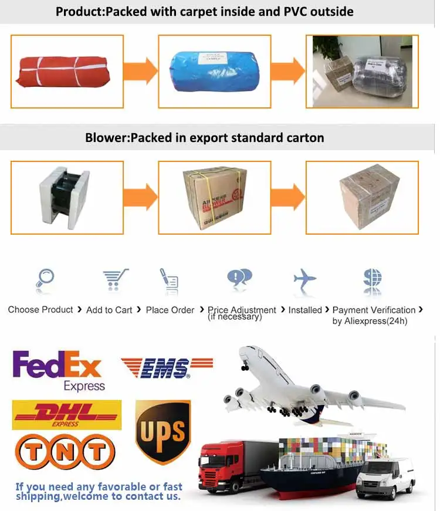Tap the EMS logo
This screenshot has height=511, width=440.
[x=167, y=368]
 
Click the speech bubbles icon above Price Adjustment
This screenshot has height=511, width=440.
[x=239, y=278]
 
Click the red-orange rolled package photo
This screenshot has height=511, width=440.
[x=67, y=71]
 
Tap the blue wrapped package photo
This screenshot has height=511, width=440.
[x=214, y=71]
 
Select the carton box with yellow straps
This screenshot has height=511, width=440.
[x=214, y=197]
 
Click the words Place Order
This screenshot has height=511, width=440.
[x=170, y=310]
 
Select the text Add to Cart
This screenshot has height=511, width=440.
[x=109, y=310]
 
